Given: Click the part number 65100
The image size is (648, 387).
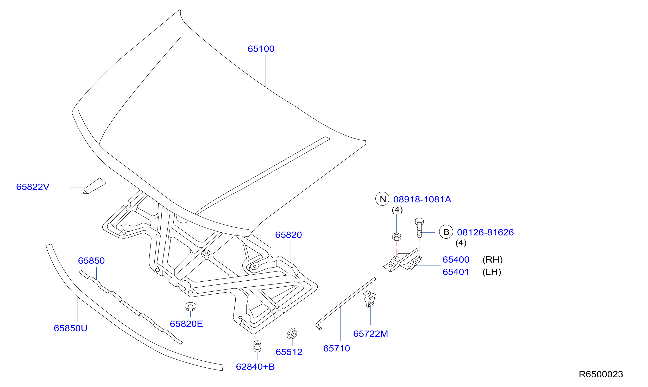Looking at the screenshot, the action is (x=261, y=49).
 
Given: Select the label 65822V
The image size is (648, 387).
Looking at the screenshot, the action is (x=33, y=187).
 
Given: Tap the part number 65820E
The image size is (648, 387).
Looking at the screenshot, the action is (x=186, y=324).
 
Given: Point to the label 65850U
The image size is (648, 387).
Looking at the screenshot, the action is (x=71, y=328).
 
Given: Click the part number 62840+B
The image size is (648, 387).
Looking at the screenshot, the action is (x=255, y=367).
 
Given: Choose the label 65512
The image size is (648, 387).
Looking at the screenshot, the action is (x=289, y=352).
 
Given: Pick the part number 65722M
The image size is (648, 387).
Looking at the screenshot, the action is (x=370, y=334).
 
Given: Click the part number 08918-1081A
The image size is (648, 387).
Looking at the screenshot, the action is (x=422, y=199).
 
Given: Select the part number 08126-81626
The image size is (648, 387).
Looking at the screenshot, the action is (x=485, y=233).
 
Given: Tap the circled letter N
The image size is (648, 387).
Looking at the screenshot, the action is (x=382, y=199).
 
